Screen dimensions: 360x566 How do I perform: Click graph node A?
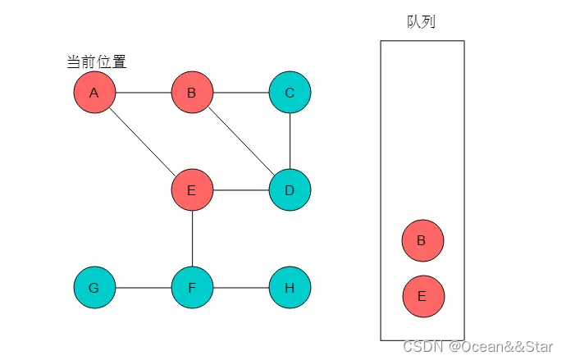tap(94, 93)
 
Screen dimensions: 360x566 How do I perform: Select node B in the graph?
tap(192, 93)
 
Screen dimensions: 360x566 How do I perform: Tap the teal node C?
tap(290, 93)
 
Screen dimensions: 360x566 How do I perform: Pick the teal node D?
tap(290, 190)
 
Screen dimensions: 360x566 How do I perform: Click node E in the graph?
tap(192, 190)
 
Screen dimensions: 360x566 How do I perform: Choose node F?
tap(192, 288)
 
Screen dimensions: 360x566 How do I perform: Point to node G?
tap(94, 288)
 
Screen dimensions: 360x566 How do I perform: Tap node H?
tap(290, 288)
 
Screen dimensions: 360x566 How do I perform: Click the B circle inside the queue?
tap(422, 241)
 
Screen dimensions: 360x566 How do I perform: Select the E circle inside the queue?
tap(422, 296)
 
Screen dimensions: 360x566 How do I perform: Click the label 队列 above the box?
tap(421, 21)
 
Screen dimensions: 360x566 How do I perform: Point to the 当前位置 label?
tap(96, 62)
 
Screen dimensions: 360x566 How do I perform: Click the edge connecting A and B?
tap(144, 93)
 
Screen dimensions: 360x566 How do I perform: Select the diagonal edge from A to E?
tap(143, 141)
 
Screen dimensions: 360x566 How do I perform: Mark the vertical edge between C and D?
tap(290, 141)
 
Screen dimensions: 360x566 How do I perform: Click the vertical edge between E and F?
tap(192, 239)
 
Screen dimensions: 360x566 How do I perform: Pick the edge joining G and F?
tap(144, 288)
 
